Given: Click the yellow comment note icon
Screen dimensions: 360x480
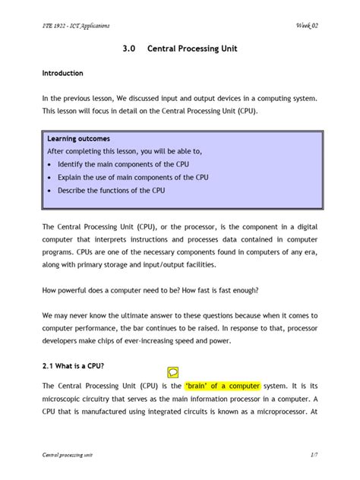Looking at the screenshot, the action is click(173, 372).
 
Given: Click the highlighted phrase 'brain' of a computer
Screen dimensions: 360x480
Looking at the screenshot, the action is click(223, 385).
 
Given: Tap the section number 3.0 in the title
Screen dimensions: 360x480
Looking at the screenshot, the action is click(128, 48).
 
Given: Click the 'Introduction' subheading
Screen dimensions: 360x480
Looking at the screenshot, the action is click(68, 74).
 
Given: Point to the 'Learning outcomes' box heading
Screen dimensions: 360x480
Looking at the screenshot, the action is click(78, 140).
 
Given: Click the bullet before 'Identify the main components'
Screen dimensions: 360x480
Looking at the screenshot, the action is click(49, 165).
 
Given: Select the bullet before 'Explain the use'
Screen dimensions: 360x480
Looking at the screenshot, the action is click(49, 178).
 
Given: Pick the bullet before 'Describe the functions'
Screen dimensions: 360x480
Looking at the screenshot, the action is click(49, 191).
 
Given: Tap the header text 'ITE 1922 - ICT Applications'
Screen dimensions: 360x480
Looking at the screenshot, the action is click(76, 26).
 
